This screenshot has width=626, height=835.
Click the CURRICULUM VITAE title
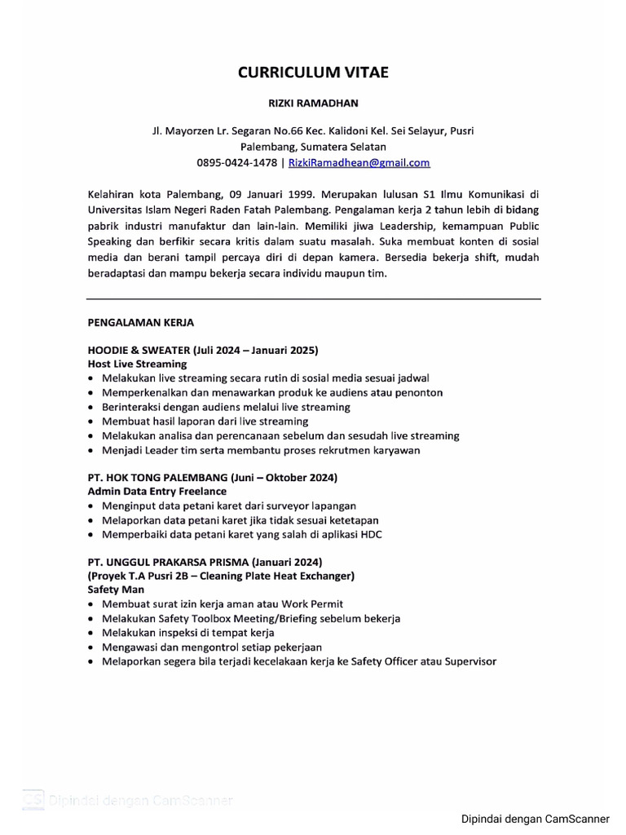pyautogui.click(x=313, y=73)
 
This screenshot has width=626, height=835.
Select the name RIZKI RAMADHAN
pyautogui.click(x=313, y=104)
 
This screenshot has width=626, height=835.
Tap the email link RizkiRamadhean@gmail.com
pyautogui.click(x=359, y=162)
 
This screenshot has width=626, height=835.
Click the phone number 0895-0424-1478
pyautogui.click(x=237, y=162)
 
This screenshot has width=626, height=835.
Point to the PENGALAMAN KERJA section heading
pyautogui.click(x=140, y=322)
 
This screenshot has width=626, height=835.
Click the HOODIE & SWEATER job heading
pyautogui.click(x=202, y=350)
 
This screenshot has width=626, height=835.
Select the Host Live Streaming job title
pyautogui.click(x=137, y=364)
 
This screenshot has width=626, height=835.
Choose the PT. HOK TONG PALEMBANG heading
pyautogui.click(x=212, y=477)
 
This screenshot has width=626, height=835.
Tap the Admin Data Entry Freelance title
pyautogui.click(x=156, y=492)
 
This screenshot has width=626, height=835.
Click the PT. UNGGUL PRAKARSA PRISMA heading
pyautogui.click(x=205, y=562)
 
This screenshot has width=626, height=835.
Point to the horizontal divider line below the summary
pyautogui.click(x=313, y=298)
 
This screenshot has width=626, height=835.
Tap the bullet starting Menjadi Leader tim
pyautogui.click(x=261, y=449)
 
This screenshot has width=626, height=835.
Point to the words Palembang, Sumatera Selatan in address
pyautogui.click(x=313, y=147)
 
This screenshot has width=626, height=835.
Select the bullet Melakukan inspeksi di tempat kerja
pyautogui.click(x=188, y=633)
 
